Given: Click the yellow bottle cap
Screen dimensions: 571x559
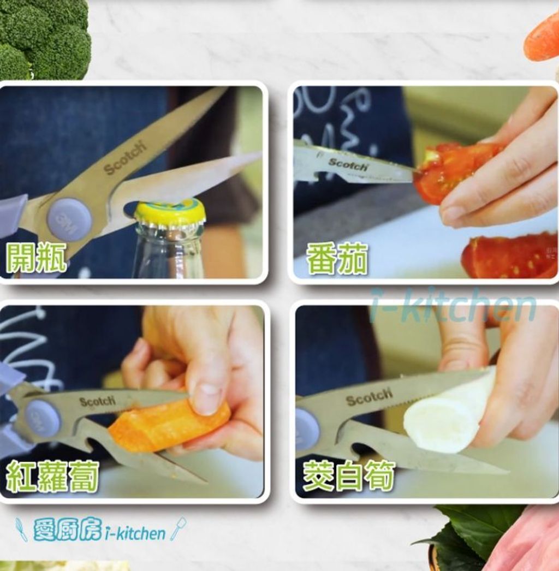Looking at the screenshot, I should click(170, 212).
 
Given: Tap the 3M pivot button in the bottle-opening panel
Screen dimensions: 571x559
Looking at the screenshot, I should click(69, 219).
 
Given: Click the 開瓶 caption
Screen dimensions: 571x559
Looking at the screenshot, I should click(37, 258).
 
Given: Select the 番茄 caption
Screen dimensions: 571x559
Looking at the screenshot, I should click(337, 259).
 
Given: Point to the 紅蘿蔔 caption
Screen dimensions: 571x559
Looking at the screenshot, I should click(52, 477).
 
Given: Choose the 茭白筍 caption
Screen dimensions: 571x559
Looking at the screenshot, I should click(348, 477).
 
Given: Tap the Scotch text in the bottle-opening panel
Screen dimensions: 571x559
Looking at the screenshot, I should click(126, 158).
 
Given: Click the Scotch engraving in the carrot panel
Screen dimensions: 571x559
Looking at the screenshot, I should click(98, 402).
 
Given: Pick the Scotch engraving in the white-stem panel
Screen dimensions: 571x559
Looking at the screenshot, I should click(369, 397).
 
